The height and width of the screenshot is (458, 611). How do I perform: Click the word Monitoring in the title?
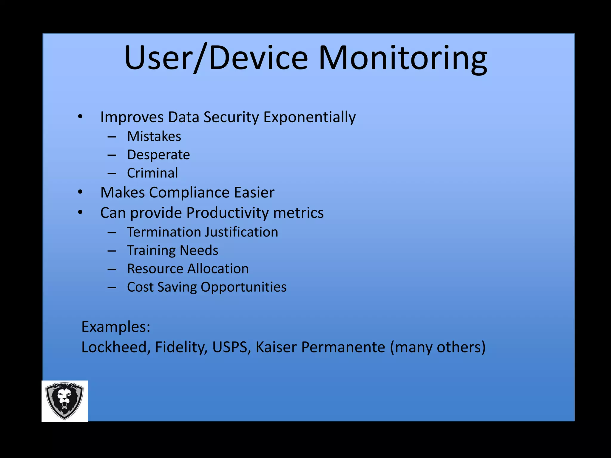pyautogui.click(x=403, y=58)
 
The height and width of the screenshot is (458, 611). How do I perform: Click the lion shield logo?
pyautogui.click(x=64, y=401)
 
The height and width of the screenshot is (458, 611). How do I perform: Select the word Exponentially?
pyautogui.click(x=309, y=117)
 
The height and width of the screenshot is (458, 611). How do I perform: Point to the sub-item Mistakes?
pyautogui.click(x=154, y=137)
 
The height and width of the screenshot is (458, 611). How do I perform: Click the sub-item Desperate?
pyautogui.click(x=158, y=155)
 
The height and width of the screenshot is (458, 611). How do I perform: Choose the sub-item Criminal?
pyautogui.click(x=152, y=173)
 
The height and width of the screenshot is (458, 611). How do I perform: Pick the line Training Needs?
pyautogui.click(x=172, y=250)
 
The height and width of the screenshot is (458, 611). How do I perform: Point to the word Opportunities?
pyautogui.click(x=243, y=287)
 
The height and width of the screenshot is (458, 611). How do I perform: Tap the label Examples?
pyautogui.click(x=116, y=327)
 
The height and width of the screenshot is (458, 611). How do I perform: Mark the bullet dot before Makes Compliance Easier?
pyautogui.click(x=80, y=193)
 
